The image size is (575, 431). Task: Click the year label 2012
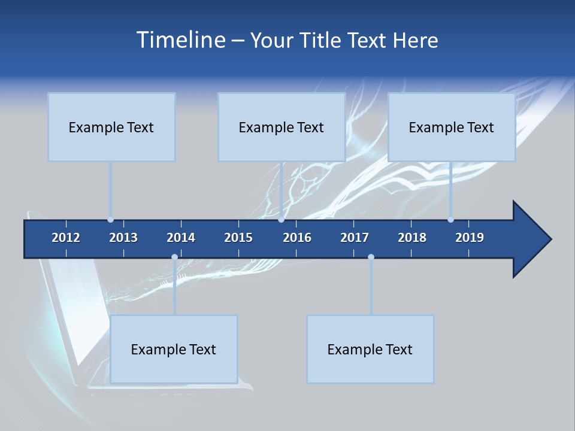(66, 238)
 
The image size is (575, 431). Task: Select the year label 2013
(123, 238)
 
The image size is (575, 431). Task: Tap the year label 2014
(181, 238)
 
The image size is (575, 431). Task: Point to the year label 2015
(238, 238)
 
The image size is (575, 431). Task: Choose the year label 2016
(297, 238)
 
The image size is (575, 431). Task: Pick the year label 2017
(355, 238)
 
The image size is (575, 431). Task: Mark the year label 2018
(412, 238)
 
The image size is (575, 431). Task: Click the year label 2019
(470, 238)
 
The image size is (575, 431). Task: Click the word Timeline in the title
(180, 40)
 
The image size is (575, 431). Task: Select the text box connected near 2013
(111, 127)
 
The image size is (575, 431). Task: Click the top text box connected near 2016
(282, 127)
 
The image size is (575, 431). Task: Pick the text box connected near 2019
(452, 127)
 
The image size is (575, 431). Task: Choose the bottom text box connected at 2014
(174, 349)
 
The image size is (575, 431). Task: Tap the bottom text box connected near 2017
(370, 349)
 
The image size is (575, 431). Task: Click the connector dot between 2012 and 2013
(110, 220)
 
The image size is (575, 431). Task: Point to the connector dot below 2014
(174, 257)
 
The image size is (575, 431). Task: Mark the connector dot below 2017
(371, 257)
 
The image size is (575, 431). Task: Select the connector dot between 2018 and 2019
(450, 220)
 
